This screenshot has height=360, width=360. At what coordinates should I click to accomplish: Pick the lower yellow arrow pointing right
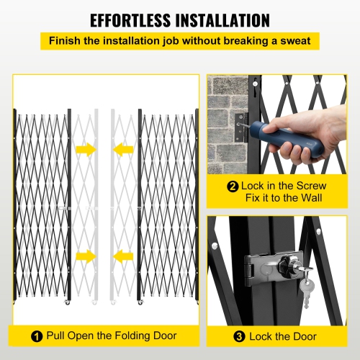(85, 256)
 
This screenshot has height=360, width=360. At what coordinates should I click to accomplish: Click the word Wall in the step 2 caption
(315, 197)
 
